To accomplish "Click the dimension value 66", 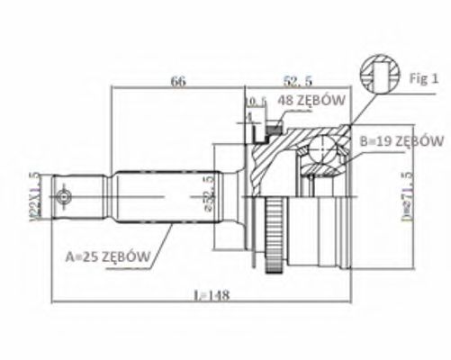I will click(x=178, y=81).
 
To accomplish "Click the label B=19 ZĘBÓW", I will click(x=401, y=141).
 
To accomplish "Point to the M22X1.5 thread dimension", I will click(x=33, y=194).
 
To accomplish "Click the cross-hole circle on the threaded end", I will click(x=63, y=195).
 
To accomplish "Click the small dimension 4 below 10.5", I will click(x=248, y=116).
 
